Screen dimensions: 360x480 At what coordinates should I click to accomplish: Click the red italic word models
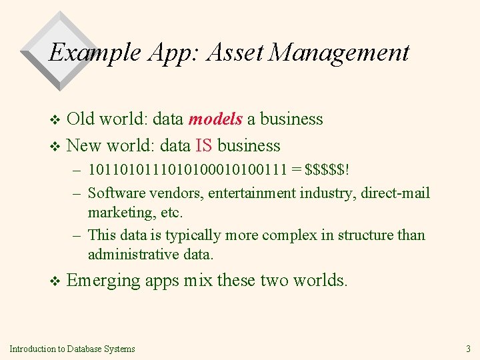215,119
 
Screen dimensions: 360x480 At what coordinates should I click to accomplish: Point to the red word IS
204,145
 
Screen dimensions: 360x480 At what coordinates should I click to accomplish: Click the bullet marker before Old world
55,121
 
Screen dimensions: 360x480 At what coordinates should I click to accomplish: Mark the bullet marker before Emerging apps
55,282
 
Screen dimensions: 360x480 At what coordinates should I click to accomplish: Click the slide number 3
467,349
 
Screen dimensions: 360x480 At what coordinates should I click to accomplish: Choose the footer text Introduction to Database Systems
72,349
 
